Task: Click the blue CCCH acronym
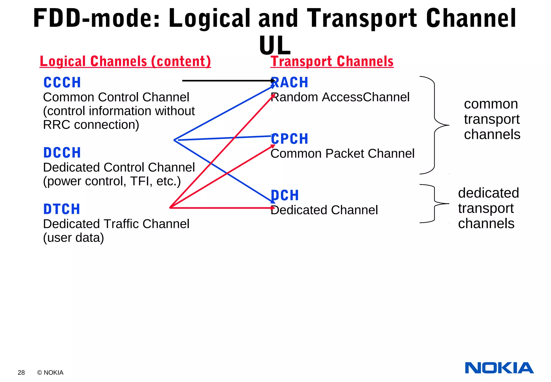62,82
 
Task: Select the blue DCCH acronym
62,153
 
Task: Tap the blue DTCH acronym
62,209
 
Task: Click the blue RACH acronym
289,82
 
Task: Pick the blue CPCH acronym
289,139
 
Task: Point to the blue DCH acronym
285,196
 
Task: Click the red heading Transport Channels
332,61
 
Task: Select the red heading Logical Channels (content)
125,61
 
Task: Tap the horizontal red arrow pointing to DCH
221,208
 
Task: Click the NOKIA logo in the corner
499,368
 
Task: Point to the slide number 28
21,373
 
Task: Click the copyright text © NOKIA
50,373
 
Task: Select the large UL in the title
275,45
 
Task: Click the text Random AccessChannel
340,97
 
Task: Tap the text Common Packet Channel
342,154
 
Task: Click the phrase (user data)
73,238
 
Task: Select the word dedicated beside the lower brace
488,193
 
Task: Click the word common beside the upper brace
491,104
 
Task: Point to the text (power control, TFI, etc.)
112,181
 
